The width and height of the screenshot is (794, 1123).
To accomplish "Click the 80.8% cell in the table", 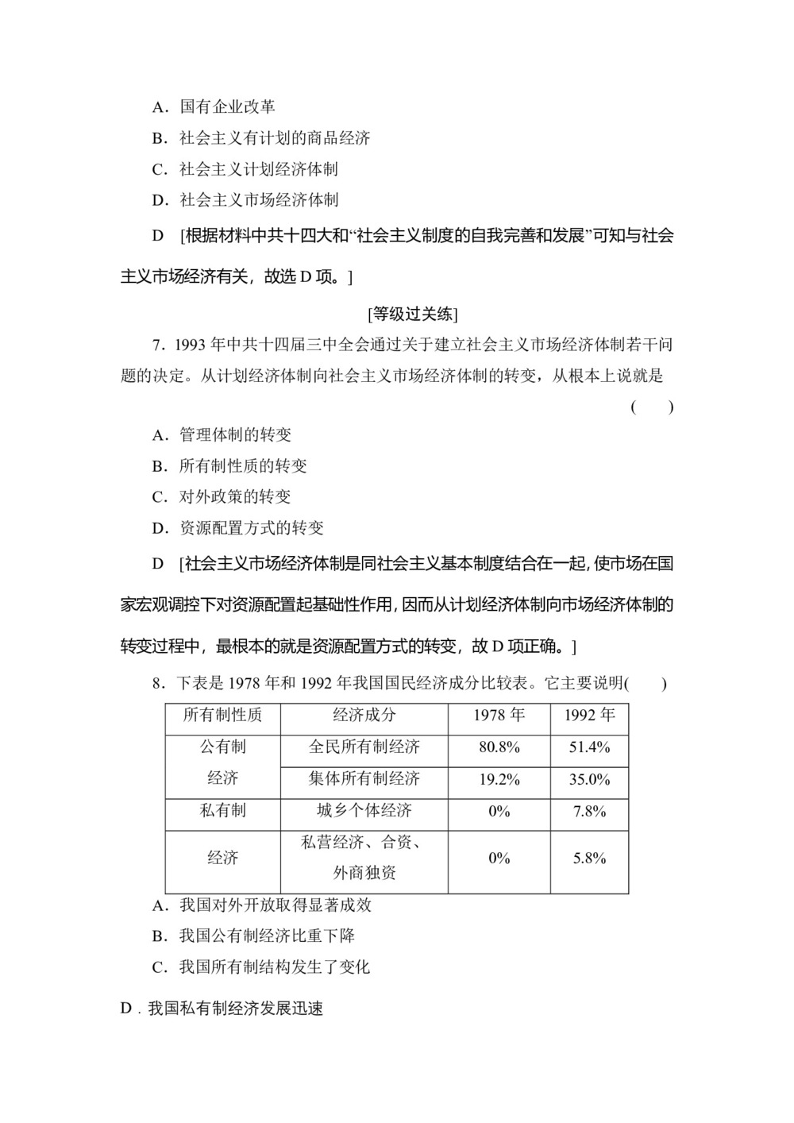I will click(x=499, y=747).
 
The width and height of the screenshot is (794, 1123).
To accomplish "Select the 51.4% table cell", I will click(x=589, y=747).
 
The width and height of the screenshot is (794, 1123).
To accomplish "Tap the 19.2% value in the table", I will click(x=499, y=779).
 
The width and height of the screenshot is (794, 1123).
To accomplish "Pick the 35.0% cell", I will click(x=589, y=779).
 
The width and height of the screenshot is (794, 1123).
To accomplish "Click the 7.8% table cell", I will click(x=589, y=811).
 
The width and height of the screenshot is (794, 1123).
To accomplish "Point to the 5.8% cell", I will click(x=589, y=858).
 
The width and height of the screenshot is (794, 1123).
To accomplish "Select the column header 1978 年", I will click(x=499, y=716).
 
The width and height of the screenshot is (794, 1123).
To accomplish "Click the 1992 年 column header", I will click(x=589, y=716).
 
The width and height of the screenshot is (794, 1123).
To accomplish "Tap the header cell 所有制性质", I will click(x=222, y=716).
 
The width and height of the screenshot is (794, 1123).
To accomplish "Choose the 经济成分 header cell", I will click(x=364, y=716).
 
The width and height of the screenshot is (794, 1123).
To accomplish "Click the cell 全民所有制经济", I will click(x=364, y=747).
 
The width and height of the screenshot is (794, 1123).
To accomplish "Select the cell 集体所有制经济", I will click(x=364, y=779).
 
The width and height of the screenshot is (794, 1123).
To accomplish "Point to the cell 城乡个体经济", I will click(x=364, y=811).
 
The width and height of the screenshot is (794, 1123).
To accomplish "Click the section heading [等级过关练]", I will click(x=413, y=315).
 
